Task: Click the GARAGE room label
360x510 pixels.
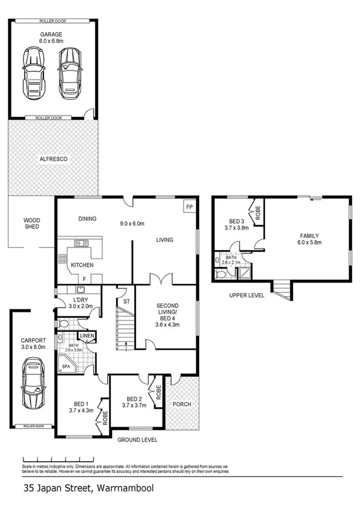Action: [51, 34]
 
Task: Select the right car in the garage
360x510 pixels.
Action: [69, 73]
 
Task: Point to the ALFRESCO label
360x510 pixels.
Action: [53, 159]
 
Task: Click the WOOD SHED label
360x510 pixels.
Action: [31, 224]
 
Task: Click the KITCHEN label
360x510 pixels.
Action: [82, 265]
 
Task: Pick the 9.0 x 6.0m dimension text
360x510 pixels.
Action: [132, 224]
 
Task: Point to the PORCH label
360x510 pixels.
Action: [182, 404]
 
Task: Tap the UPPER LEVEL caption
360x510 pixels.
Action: [246, 296]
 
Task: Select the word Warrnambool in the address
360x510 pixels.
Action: [124, 490]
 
